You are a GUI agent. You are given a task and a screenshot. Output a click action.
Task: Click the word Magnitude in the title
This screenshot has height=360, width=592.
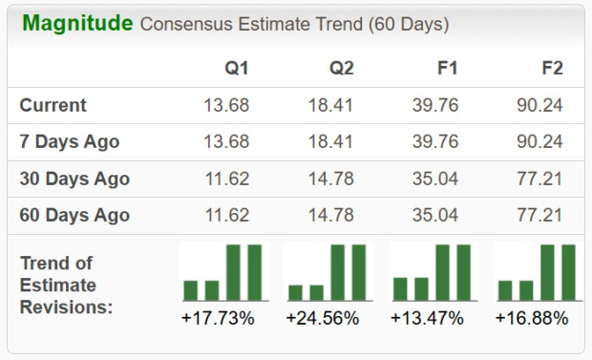(77, 23)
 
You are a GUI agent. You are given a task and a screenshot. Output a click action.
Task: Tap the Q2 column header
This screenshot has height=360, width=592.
(340, 68)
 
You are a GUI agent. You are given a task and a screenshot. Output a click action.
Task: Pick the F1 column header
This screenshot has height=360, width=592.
(447, 68)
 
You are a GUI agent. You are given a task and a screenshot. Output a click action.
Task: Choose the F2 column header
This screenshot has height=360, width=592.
(551, 68)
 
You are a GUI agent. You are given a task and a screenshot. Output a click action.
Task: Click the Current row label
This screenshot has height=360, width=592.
(53, 105)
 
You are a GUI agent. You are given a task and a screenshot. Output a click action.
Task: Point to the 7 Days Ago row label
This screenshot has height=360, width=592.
(70, 141)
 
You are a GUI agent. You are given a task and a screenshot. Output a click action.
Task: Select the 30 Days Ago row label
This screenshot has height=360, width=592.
(74, 179)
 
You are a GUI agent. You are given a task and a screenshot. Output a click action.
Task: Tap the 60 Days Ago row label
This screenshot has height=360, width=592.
(74, 215)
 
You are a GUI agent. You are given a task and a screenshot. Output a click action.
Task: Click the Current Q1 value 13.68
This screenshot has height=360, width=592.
(226, 105)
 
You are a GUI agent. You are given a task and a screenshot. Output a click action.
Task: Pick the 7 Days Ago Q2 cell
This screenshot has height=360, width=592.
(330, 141)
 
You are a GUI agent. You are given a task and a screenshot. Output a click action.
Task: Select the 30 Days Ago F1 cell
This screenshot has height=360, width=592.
(435, 179)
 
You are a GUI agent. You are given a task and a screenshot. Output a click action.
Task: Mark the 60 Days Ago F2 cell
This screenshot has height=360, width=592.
(539, 215)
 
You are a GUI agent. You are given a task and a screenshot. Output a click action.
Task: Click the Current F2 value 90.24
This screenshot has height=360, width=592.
(539, 105)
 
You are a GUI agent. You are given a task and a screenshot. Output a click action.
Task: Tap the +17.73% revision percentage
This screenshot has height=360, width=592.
(218, 318)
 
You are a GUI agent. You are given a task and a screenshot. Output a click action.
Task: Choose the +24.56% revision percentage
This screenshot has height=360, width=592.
(323, 318)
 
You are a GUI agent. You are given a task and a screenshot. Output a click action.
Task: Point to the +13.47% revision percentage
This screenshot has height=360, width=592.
(428, 318)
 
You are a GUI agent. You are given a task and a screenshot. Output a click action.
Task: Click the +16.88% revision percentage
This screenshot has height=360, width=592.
(532, 318)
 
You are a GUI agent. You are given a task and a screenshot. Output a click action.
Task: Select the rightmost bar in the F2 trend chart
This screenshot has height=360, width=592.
(568, 272)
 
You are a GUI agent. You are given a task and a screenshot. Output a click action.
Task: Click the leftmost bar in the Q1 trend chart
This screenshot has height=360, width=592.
(190, 290)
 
